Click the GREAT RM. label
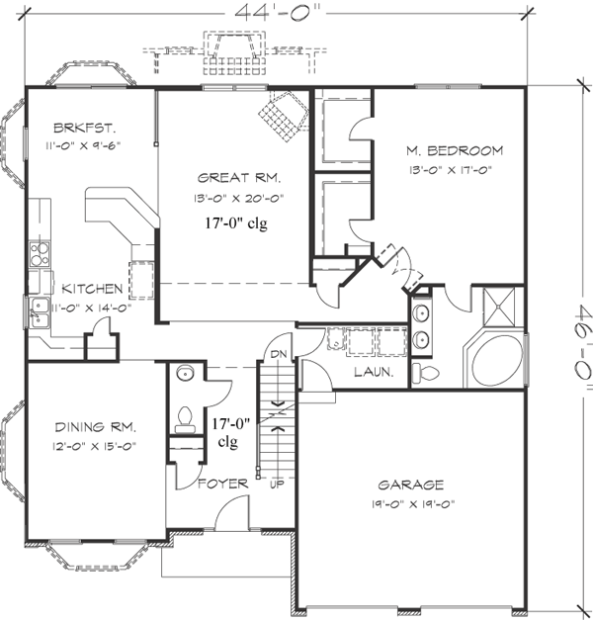click(x=239, y=179)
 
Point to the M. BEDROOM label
click(x=454, y=150)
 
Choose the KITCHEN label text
click(x=92, y=289)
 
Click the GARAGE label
click(x=410, y=485)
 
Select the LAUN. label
click(x=375, y=373)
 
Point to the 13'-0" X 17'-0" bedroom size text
click(x=454, y=169)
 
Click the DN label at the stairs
click(x=278, y=352)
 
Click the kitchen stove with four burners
click(x=41, y=254)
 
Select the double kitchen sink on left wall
click(x=41, y=312)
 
